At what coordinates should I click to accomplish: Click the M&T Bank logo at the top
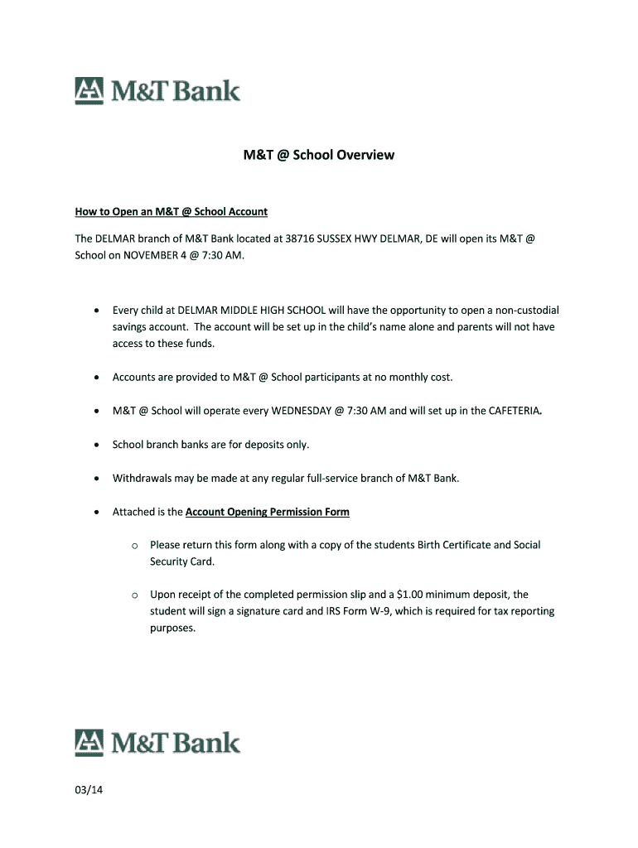click(x=157, y=90)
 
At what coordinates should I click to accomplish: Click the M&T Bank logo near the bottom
click(x=157, y=742)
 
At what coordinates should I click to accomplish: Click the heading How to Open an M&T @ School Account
click(x=171, y=212)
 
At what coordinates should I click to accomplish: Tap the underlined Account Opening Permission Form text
click(x=267, y=512)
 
